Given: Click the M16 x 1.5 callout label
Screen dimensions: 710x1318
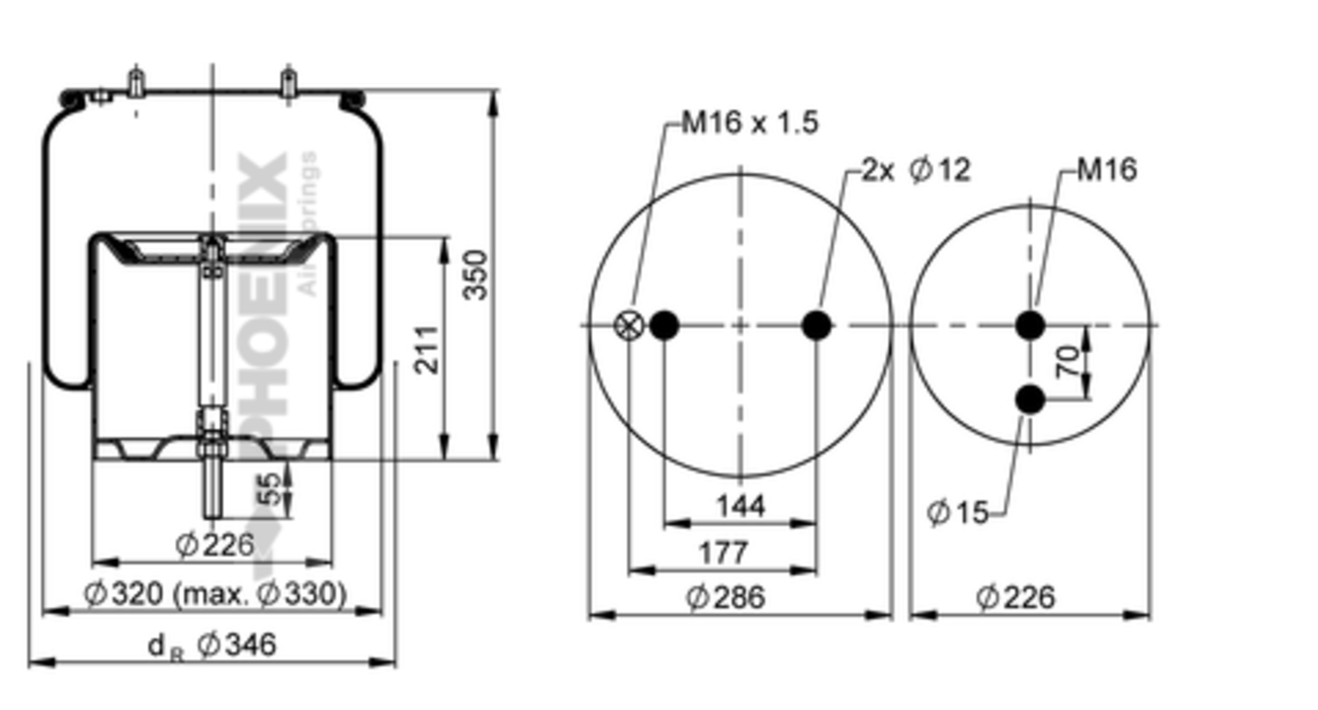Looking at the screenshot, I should click(750, 122).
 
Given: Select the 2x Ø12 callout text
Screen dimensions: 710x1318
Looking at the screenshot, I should click(915, 169).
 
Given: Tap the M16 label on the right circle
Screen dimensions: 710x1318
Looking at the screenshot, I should click(1106, 169).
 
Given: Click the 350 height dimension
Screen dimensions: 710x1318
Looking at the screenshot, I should click(475, 274).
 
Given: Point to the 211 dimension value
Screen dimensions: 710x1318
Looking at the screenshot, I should click(427, 349).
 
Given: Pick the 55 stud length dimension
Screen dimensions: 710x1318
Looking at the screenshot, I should click(274, 489).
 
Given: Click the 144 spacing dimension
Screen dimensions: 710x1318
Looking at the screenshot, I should click(740, 506).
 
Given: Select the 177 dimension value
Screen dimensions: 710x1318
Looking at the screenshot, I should click(723, 553).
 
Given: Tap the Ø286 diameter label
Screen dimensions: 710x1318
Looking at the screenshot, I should click(725, 598).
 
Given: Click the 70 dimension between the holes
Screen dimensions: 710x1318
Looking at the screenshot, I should click(1067, 362).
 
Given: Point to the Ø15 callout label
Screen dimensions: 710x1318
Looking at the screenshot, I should click(958, 511).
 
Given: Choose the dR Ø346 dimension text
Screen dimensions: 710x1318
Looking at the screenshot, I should click(212, 646).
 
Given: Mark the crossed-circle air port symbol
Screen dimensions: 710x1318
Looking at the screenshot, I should click(628, 325).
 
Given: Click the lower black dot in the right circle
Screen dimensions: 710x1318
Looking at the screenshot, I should click(1030, 400).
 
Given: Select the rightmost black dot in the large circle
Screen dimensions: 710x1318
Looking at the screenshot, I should click(816, 325).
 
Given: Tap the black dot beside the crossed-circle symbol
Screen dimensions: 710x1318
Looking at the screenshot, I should click(663, 325).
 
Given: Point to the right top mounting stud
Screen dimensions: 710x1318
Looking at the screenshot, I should click(288, 83).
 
